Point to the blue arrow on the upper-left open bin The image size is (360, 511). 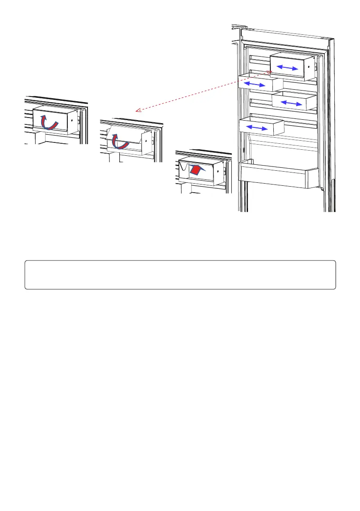254,85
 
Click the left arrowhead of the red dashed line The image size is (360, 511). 137,111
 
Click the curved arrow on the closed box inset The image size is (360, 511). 51,122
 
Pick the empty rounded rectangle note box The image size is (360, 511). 180,275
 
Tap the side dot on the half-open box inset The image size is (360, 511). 146,140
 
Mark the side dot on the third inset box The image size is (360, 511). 218,170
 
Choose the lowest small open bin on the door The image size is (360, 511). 262,127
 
